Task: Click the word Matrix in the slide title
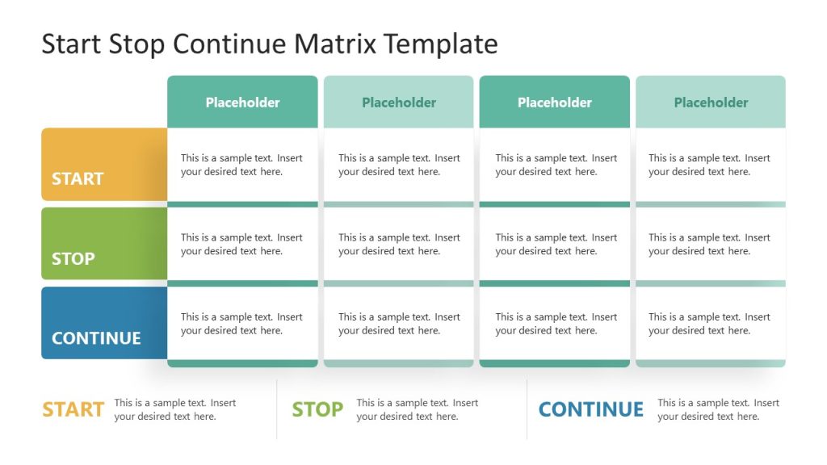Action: coord(335,44)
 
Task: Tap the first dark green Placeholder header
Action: coord(242,103)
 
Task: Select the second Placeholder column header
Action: coord(398,103)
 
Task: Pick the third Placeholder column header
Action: coord(554,103)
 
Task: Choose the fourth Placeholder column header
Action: coord(711,103)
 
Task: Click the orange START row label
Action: coord(78,178)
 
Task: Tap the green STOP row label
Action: coord(73,258)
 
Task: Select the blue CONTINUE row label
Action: coord(96,337)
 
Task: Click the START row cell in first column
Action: coord(241,165)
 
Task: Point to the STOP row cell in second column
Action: coord(399,244)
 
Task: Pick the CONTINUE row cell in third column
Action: coord(556,324)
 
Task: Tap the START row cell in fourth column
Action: coord(709,165)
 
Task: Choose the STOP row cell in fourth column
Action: coord(709,244)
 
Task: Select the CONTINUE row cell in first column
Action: coord(241,324)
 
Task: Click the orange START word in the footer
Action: coord(73,409)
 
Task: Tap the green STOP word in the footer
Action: coord(317,409)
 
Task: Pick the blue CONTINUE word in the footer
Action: coord(590,409)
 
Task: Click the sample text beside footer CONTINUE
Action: coord(718,409)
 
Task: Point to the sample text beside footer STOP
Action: coord(417,409)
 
